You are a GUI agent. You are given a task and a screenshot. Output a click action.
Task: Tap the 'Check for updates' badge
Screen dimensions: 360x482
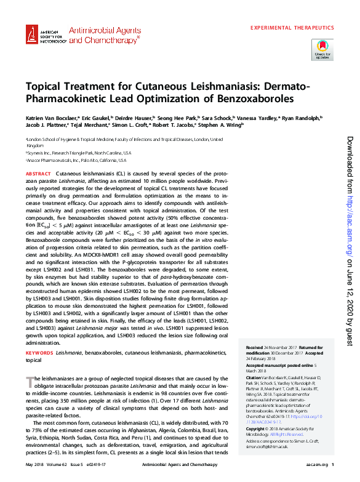322,49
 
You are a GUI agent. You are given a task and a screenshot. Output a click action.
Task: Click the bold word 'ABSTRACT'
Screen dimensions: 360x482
39,175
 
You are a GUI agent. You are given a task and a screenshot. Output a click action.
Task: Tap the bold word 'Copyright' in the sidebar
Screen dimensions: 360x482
257,428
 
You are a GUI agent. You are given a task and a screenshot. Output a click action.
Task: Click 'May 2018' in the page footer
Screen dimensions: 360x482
34,464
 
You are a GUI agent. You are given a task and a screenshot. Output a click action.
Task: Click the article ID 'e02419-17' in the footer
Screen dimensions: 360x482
98,464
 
